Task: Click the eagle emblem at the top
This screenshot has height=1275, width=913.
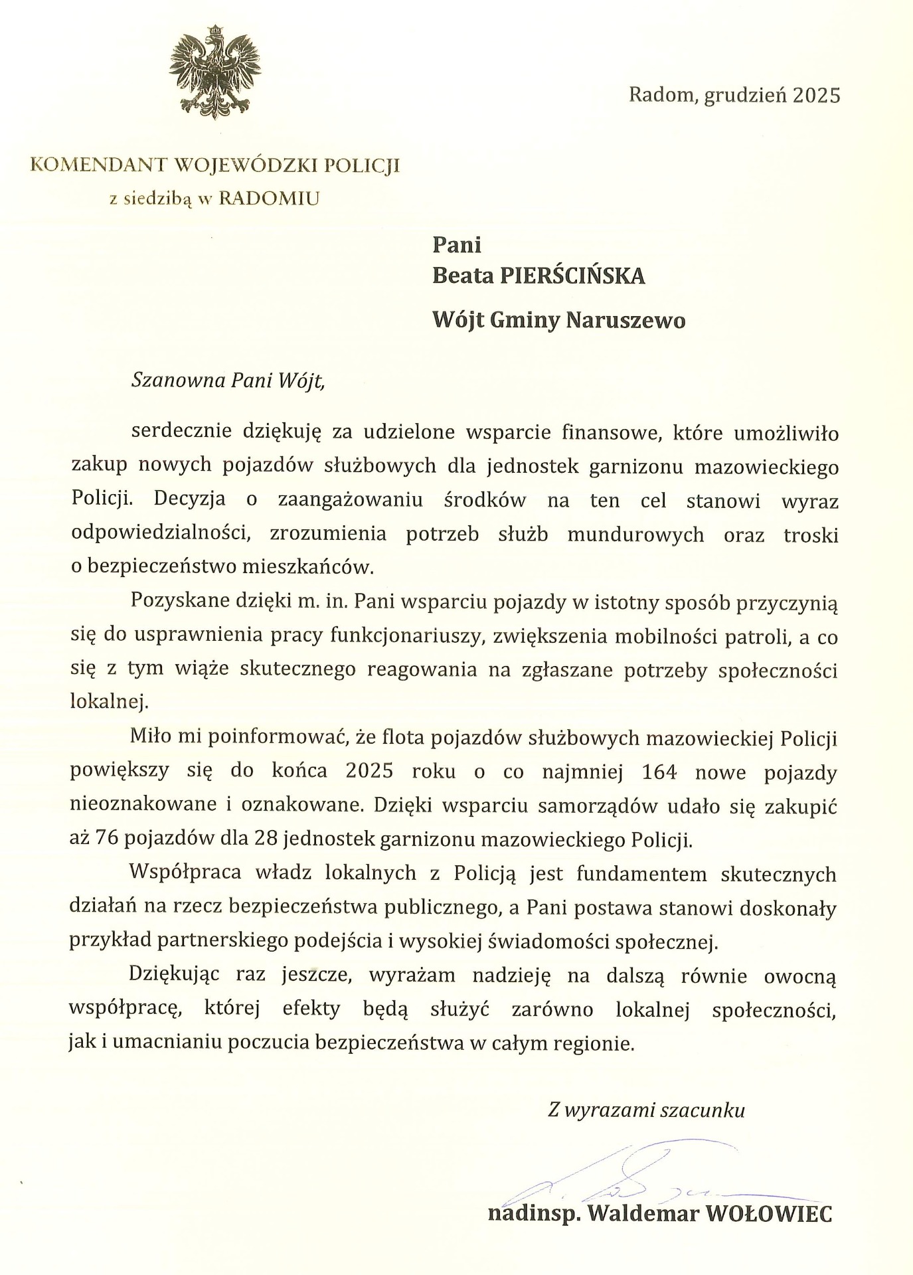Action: [x=216, y=71]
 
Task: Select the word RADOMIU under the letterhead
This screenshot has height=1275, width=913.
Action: [x=268, y=198]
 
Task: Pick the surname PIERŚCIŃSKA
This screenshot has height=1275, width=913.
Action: [x=572, y=276]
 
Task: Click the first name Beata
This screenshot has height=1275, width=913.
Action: [x=461, y=276]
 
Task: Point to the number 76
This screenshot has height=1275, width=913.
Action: [x=108, y=839]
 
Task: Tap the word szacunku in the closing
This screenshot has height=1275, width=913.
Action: [x=705, y=1110]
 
